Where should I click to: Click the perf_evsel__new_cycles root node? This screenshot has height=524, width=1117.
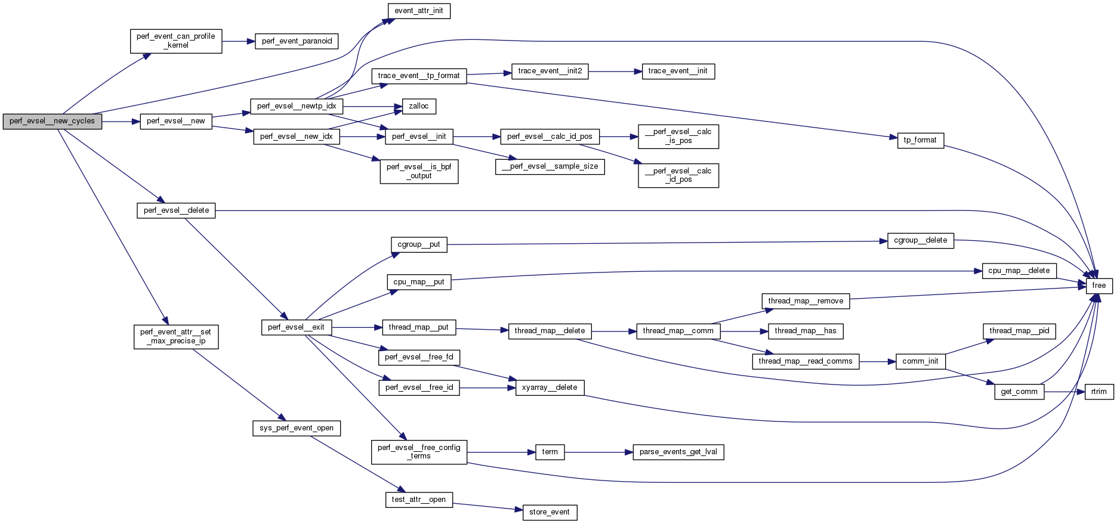point(53,121)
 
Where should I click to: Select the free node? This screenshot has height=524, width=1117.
point(1099,286)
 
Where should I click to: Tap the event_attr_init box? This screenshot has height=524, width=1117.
point(419,11)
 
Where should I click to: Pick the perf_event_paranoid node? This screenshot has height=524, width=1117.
point(297,41)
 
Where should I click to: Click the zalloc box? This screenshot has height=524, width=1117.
point(419,106)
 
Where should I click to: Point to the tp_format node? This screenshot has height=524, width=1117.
point(920,140)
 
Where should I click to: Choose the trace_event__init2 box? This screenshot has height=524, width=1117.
point(550,71)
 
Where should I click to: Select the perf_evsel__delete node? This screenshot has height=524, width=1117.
point(176,210)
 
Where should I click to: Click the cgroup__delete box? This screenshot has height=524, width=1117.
point(920,240)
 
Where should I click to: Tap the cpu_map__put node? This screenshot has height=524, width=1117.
point(419,282)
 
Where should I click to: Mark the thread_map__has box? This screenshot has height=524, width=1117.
point(805,331)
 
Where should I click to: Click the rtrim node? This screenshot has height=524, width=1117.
point(1099,392)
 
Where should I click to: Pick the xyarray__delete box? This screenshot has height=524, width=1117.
point(550,387)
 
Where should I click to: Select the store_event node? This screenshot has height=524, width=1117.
point(550,512)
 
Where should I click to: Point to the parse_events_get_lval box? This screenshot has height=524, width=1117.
point(678,452)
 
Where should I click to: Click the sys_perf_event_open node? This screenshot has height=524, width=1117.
point(297,428)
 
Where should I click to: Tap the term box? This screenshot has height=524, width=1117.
point(550,452)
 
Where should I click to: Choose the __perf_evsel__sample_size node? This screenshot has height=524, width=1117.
point(550,166)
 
